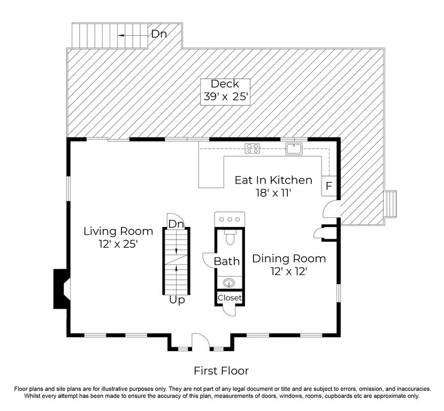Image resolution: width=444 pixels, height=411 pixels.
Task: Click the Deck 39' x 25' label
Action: (x=225, y=90)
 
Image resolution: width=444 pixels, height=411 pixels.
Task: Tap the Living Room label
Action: (x=118, y=238)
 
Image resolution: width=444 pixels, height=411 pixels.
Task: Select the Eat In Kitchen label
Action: (x=273, y=186)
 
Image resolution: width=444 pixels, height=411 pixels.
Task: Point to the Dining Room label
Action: (x=289, y=264)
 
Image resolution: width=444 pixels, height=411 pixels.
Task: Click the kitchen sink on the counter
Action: (x=294, y=148)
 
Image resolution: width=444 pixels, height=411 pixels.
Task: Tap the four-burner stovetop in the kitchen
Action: (x=252, y=148)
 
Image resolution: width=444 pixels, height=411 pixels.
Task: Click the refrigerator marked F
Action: (x=329, y=186)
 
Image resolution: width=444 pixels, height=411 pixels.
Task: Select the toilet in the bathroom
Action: (x=229, y=237)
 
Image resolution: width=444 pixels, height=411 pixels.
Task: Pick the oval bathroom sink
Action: (x=229, y=283)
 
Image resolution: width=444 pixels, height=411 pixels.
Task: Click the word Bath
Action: (x=226, y=261)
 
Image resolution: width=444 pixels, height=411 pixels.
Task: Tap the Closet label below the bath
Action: (x=229, y=298)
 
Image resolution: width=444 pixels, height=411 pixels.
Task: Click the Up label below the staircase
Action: (x=177, y=300)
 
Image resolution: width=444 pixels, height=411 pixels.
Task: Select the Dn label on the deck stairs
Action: (x=159, y=34)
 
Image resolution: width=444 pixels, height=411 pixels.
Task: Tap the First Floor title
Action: (x=221, y=371)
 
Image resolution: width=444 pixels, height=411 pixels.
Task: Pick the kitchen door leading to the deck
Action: (x=331, y=209)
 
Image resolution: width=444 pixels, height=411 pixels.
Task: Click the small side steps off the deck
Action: (x=390, y=204)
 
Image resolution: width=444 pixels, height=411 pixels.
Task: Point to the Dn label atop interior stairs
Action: (x=176, y=224)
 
